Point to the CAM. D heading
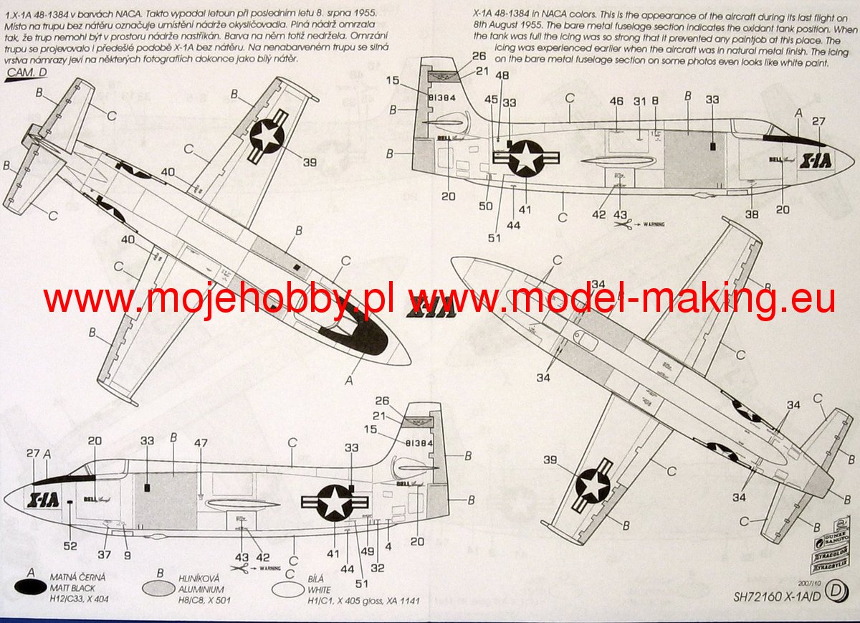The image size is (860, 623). point(26,72)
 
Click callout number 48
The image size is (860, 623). point(502,75)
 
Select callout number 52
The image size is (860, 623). point(70,546)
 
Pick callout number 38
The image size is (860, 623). point(751,213)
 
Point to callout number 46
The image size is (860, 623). point(616,102)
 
